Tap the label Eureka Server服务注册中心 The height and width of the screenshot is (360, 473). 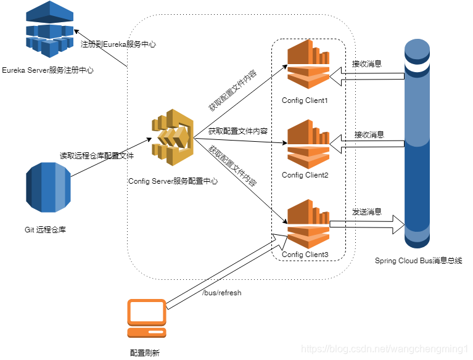pos(47,71)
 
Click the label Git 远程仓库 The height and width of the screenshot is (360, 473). pos(45,230)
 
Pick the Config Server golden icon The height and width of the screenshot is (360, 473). pos(173,137)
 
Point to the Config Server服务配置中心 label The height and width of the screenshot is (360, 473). pos(173,181)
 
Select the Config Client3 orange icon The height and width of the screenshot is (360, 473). pos(309,222)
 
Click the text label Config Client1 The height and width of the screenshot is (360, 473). pos(305,100)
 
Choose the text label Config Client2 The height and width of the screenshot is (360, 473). pos(305,175)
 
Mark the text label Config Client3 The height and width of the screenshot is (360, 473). pos(305,255)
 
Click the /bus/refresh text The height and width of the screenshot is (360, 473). pos(222,293)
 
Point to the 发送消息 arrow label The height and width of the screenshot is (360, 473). pos(367,211)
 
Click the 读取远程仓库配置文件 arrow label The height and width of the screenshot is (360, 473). pos(97,155)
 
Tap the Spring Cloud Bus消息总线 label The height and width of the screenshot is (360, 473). pos(418,261)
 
